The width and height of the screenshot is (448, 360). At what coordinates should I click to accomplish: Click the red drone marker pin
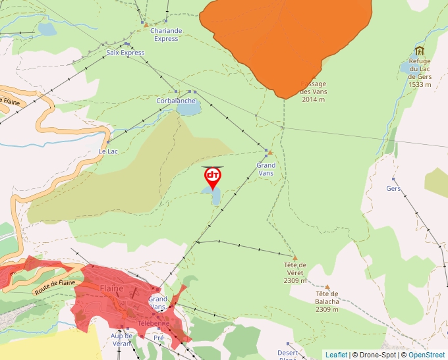(212, 177)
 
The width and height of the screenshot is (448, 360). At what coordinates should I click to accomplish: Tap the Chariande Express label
(166, 35)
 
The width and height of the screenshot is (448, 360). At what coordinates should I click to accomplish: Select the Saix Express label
(125, 53)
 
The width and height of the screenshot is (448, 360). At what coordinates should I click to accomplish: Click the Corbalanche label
(176, 101)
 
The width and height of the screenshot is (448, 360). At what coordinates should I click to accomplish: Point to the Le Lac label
(108, 151)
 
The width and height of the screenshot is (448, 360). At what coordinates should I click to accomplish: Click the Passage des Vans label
(314, 88)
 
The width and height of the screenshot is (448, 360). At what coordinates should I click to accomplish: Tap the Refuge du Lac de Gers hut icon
(420, 51)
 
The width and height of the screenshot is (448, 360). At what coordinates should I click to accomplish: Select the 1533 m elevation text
(420, 84)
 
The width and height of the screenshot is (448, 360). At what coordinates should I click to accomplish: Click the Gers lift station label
(393, 188)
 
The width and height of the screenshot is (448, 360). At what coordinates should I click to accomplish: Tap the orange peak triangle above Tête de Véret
(295, 257)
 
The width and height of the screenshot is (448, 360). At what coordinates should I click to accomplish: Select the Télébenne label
(154, 323)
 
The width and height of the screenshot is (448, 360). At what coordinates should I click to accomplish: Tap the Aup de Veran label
(121, 339)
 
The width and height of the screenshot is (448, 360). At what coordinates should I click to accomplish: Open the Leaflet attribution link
(336, 355)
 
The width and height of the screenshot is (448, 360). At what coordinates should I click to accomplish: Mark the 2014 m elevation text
(314, 99)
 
